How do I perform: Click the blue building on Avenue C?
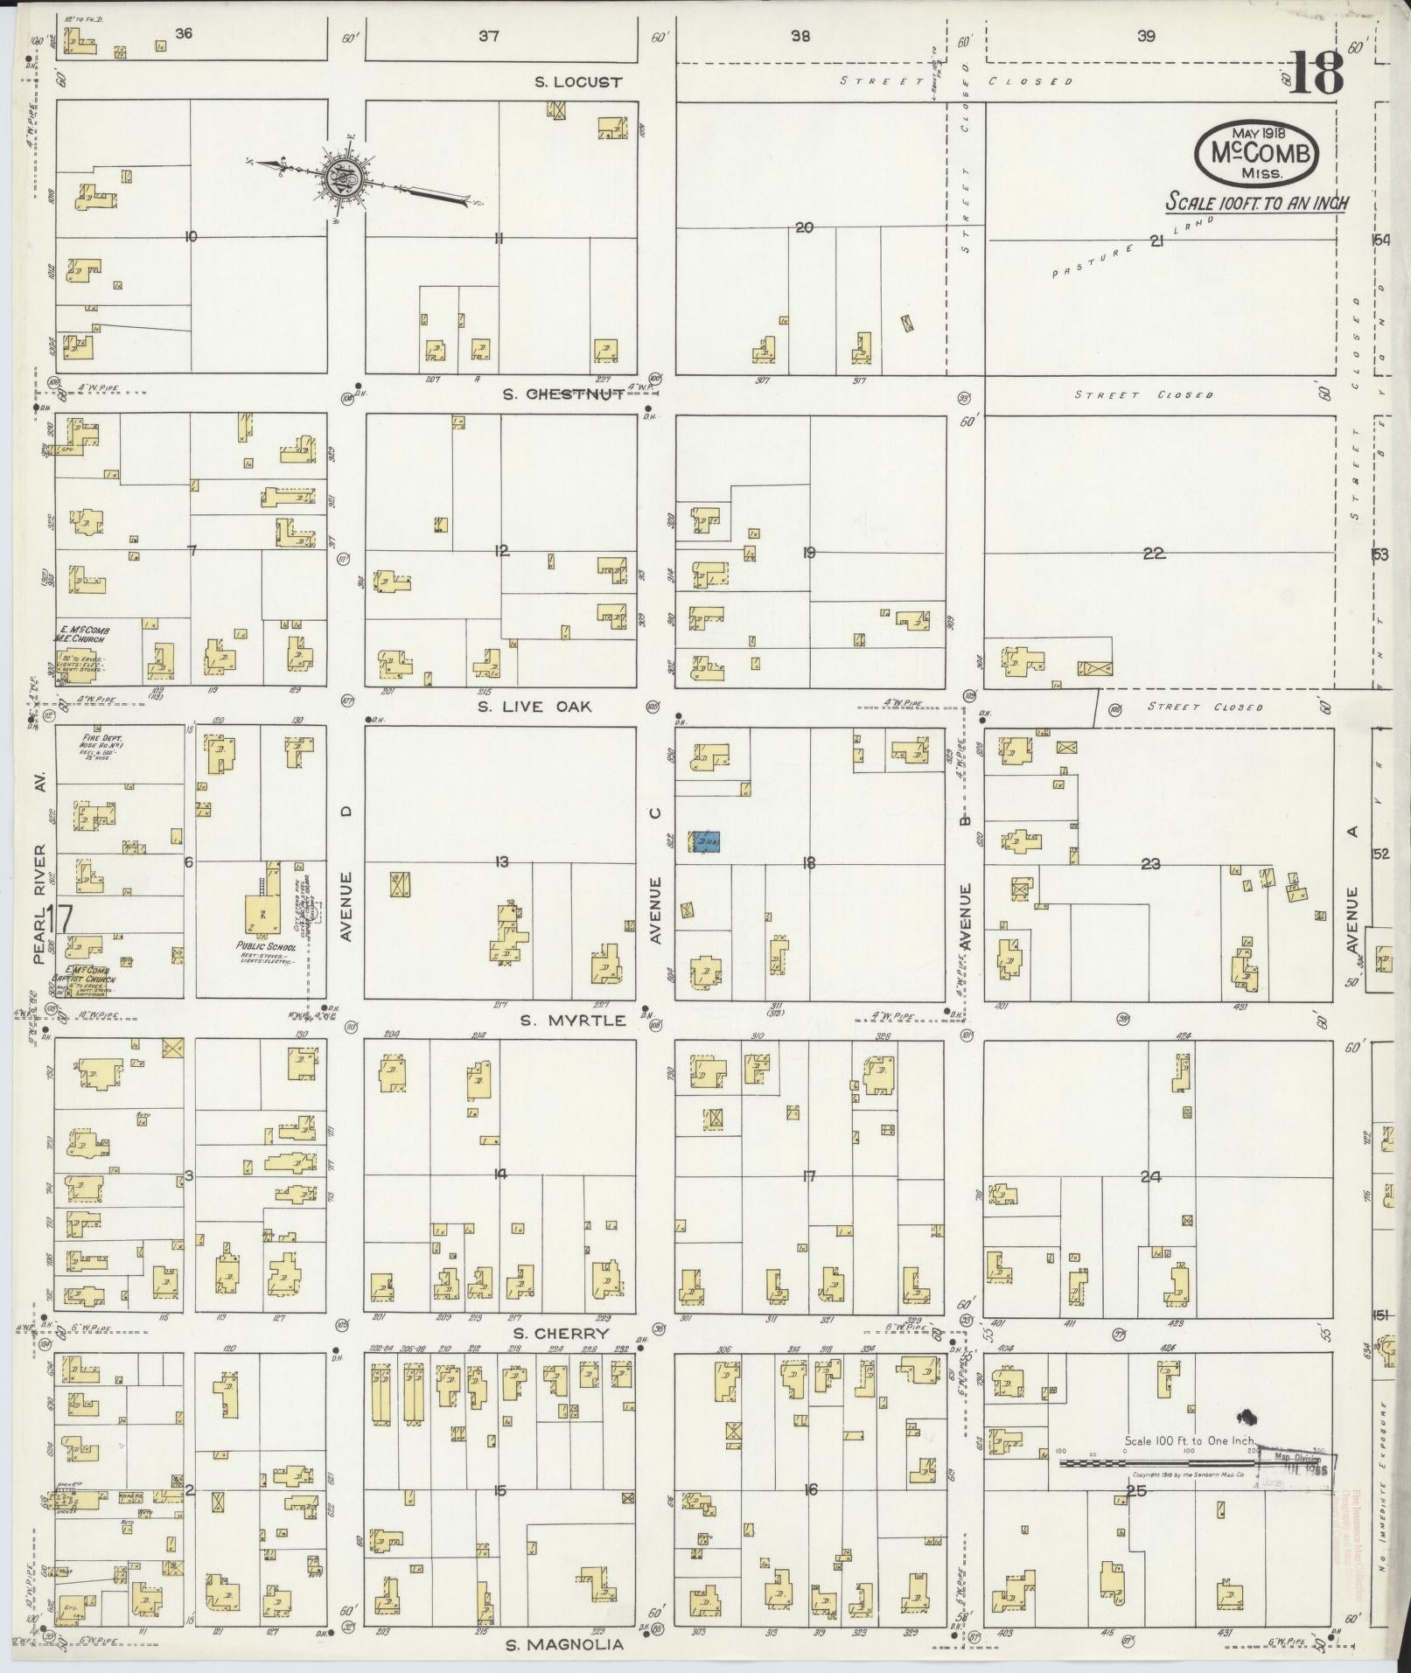coord(708,841)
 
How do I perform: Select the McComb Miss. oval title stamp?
coord(1256,153)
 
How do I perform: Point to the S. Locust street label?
coord(578,82)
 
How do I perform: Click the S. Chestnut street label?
coord(563,394)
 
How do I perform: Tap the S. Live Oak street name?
coord(534,706)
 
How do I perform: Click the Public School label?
coord(266,947)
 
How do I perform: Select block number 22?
coord(1154,554)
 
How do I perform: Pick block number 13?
coord(501,862)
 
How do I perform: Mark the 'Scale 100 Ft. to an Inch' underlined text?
coord(1256,203)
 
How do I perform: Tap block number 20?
coord(804,227)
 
